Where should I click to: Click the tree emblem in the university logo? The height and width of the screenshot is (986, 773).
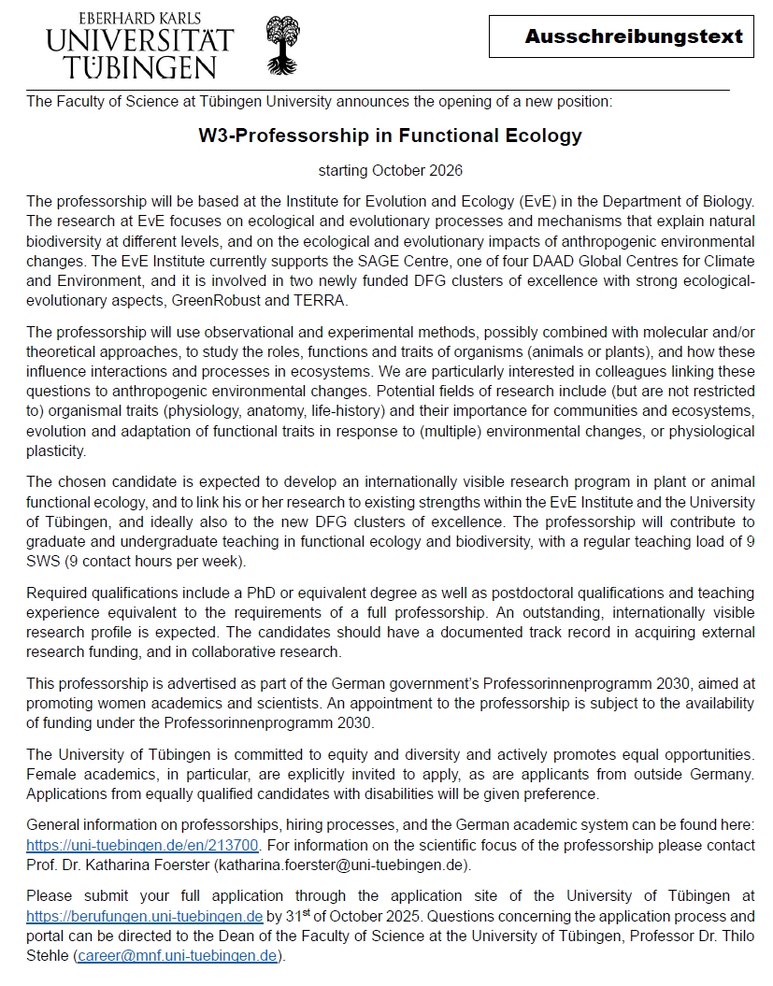click(283, 44)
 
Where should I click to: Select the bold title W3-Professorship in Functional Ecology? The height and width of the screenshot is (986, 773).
click(390, 136)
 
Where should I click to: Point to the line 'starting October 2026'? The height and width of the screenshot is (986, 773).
click(390, 171)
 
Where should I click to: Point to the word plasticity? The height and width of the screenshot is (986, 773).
click(56, 450)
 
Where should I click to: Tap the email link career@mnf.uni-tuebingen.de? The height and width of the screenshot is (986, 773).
click(177, 955)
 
